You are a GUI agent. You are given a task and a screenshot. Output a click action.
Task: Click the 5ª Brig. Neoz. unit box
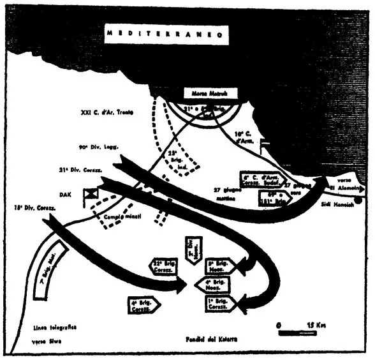point(219,266)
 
